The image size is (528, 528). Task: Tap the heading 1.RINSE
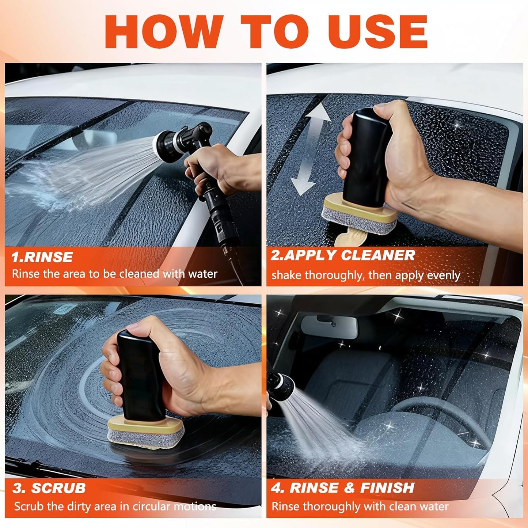click(x=42, y=257)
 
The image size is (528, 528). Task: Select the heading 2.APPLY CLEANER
click(x=342, y=255)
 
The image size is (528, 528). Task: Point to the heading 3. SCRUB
click(x=49, y=488)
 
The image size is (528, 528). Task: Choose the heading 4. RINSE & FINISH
click(x=342, y=487)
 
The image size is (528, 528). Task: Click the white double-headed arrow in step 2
click(x=311, y=149)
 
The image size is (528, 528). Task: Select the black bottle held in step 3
click(x=140, y=377)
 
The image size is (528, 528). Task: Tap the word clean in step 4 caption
click(x=403, y=506)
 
